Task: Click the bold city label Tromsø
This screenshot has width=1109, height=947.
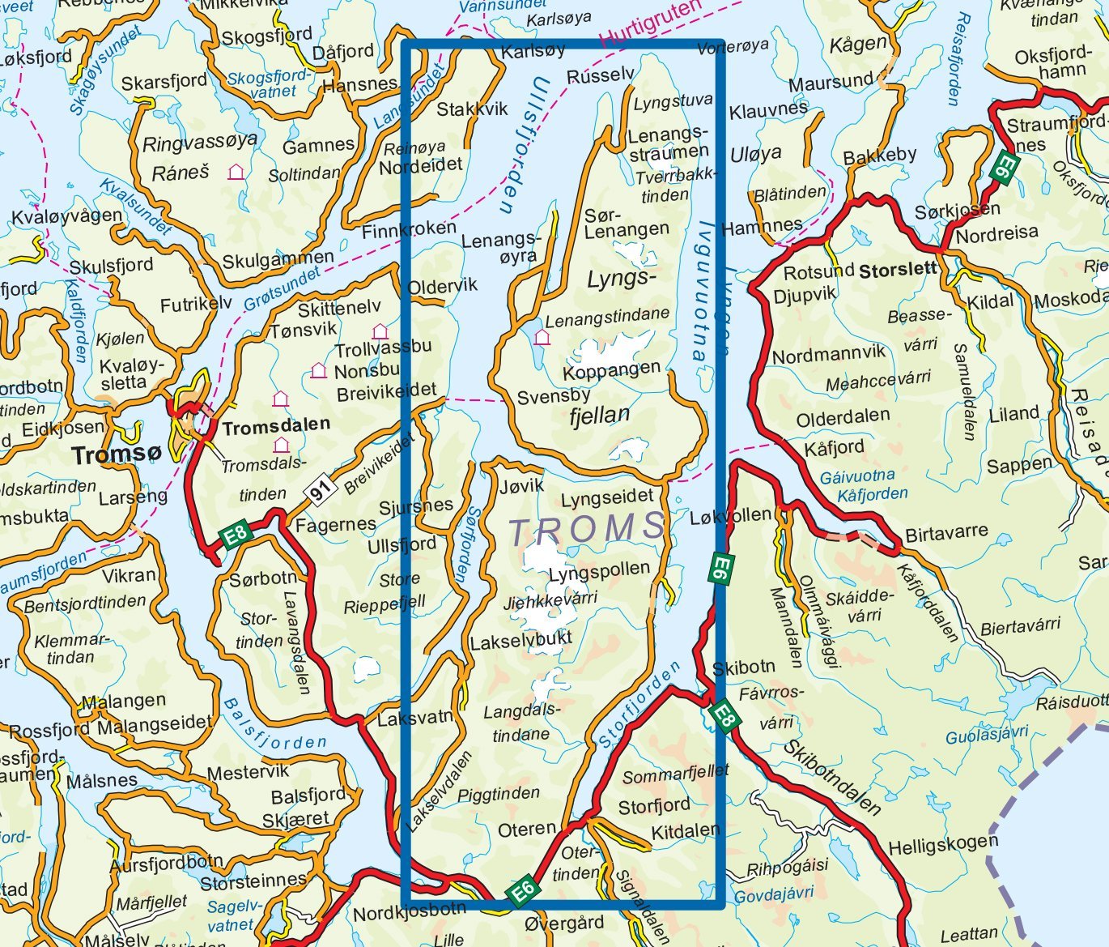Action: coord(117,454)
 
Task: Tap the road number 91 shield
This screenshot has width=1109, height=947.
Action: coord(321,491)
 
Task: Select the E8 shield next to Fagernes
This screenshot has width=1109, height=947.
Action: coord(236,535)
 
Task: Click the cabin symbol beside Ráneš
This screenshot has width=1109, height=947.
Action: coord(236,172)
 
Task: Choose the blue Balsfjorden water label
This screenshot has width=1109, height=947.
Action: coord(275,725)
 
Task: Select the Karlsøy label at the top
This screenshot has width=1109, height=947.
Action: coord(533,51)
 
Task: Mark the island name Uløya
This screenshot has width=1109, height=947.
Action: coord(756,153)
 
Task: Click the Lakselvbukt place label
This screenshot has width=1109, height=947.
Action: coord(521,640)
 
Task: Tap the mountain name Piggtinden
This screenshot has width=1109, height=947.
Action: coord(499,794)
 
